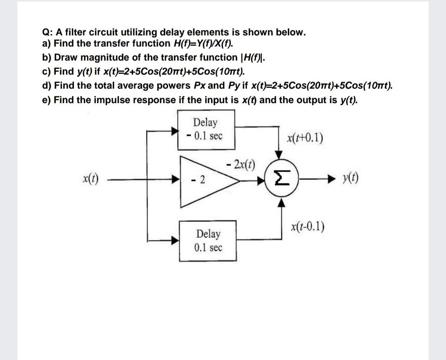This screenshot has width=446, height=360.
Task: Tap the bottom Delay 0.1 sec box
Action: [x=208, y=241]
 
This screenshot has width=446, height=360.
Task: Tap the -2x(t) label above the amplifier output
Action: [x=241, y=164]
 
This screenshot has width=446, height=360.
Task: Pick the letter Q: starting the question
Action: [x=47, y=32]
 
